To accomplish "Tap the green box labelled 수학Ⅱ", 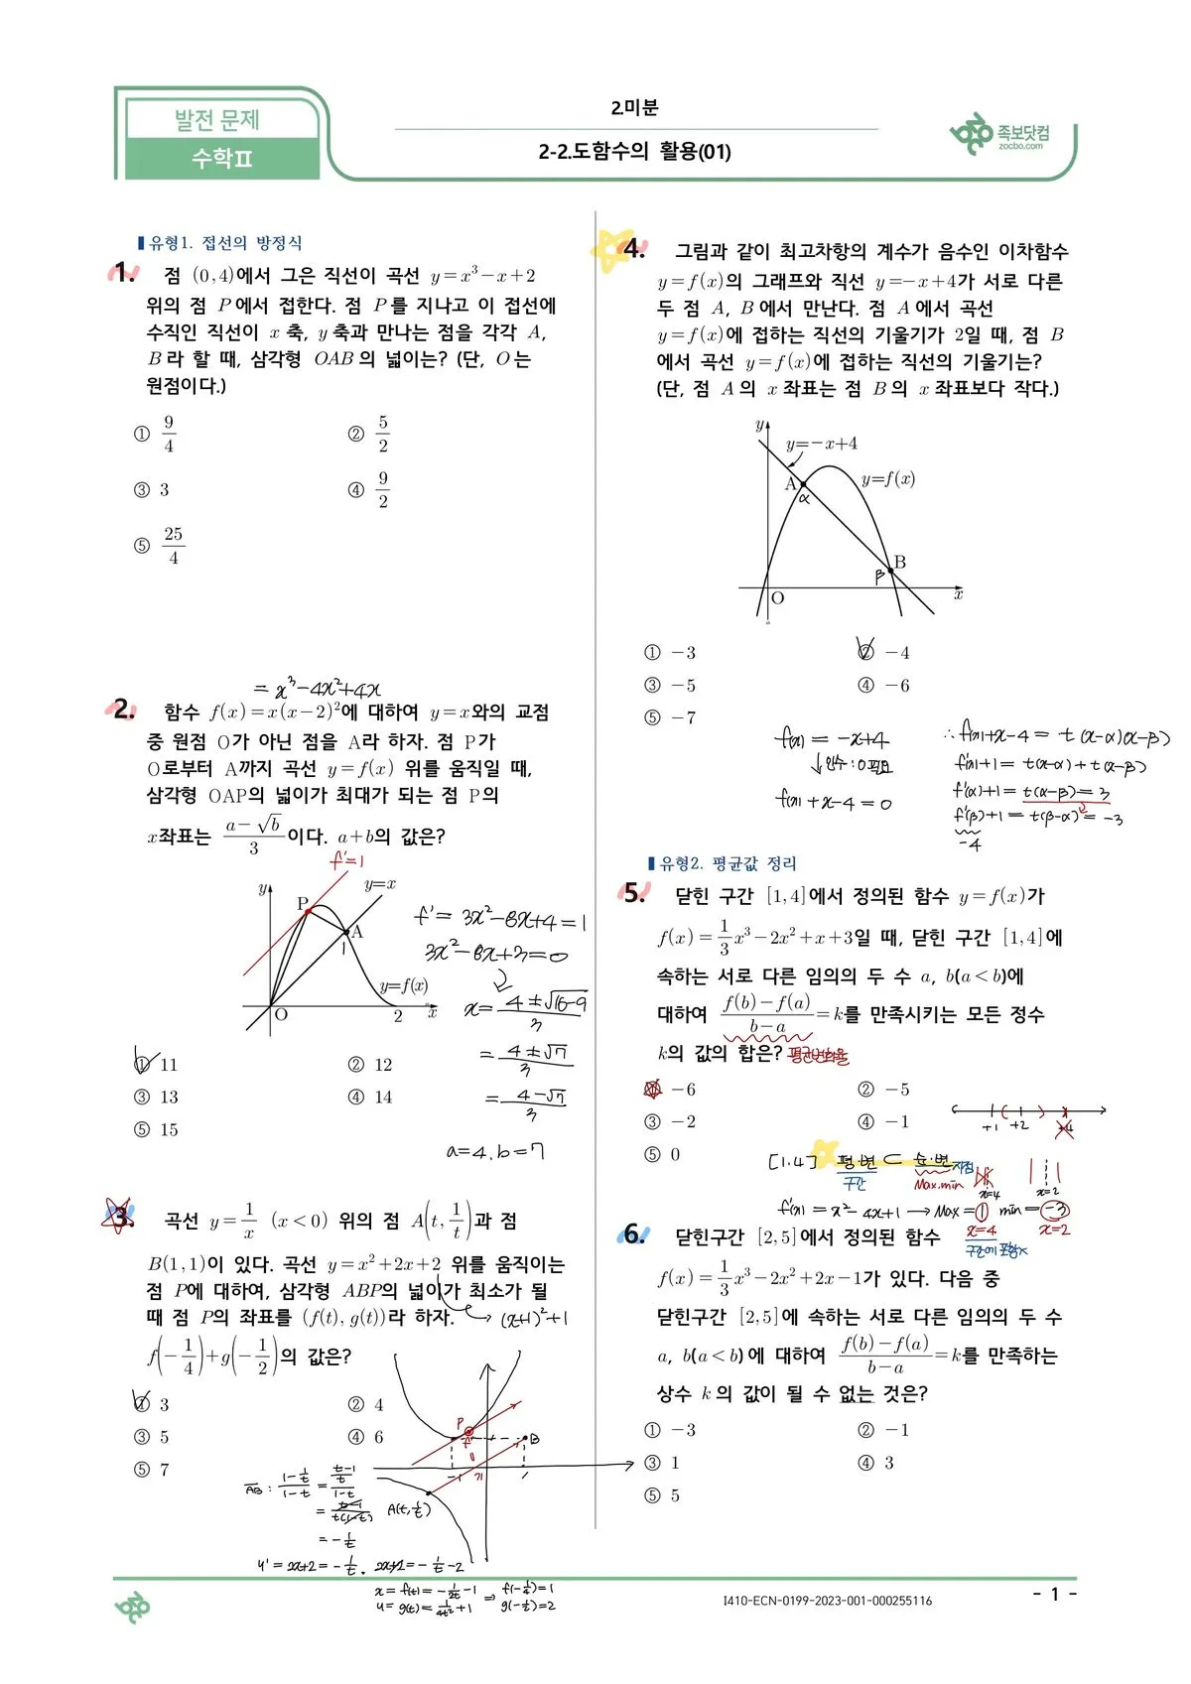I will (222, 159).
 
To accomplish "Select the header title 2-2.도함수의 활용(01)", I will (635, 152).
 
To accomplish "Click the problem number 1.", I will (123, 273).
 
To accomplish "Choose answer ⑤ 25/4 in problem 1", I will (162, 545).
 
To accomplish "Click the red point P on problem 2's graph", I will (308, 909).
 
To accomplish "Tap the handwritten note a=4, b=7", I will (495, 1151).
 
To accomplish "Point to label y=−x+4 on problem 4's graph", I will (821, 444).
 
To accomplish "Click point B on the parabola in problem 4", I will (890, 571).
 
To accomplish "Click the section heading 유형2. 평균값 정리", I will (723, 863).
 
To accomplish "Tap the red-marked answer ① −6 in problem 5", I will (670, 1090).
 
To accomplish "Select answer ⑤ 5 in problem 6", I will (663, 1495).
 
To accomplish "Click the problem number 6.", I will (633, 1234).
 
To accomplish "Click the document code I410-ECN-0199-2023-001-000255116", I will (828, 1600).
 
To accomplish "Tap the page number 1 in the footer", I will (1055, 1594).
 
